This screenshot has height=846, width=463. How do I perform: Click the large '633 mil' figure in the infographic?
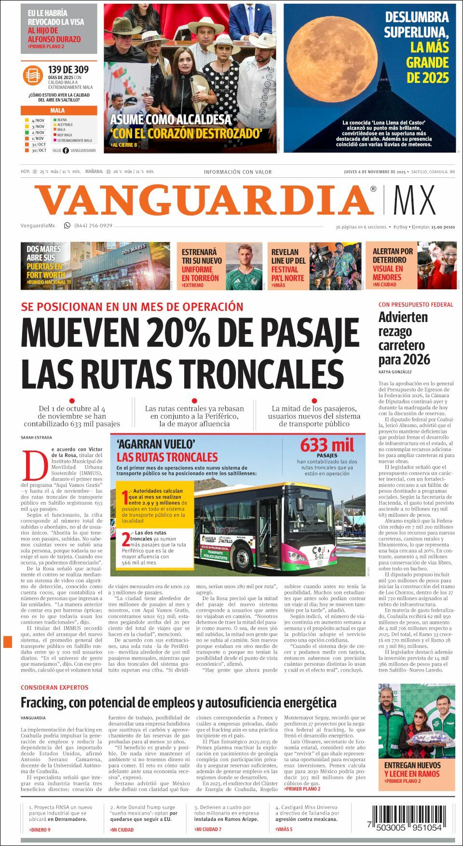327,444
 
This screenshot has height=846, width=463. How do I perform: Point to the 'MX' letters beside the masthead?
414,200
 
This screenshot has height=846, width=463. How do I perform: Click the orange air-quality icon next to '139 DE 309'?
33,76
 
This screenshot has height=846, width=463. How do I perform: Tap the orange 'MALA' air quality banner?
58,110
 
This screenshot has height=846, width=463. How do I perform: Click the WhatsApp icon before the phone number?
67,225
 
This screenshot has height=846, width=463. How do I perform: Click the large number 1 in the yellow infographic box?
125,497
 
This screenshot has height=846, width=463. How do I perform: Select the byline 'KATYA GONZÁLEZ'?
395,372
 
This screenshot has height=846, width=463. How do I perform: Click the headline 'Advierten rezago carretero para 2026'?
404,338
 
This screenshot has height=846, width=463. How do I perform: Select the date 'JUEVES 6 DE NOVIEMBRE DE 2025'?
375,172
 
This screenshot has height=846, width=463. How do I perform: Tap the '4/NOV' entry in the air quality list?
38,120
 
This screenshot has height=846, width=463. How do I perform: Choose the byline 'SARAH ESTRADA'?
36,437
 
